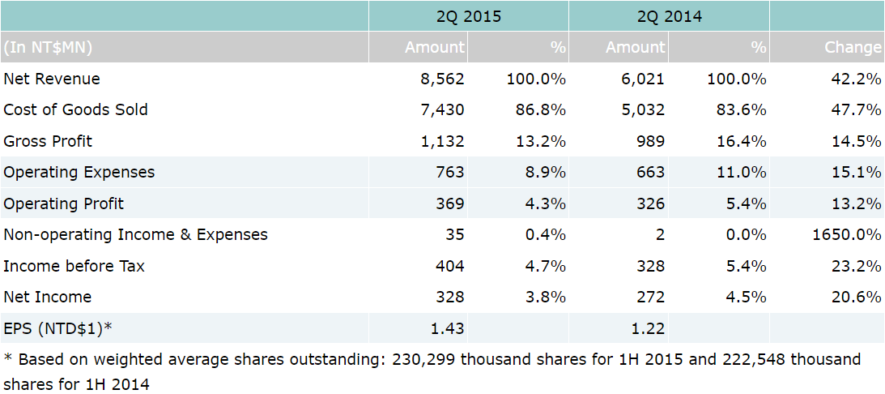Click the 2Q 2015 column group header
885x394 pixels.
click(468, 16)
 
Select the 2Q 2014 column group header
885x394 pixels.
click(669, 16)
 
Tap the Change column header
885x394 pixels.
click(853, 48)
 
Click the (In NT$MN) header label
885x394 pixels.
click(48, 48)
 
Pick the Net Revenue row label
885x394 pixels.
click(52, 79)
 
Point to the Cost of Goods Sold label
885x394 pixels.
click(75, 109)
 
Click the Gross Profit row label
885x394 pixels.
click(48, 141)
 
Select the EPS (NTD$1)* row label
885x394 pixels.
click(57, 328)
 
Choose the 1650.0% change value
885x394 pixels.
click(846, 235)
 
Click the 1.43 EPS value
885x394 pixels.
click(448, 328)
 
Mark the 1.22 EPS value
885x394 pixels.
click(648, 328)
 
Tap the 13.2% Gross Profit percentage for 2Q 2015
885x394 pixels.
click(540, 141)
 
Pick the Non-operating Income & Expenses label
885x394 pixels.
click(135, 235)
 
